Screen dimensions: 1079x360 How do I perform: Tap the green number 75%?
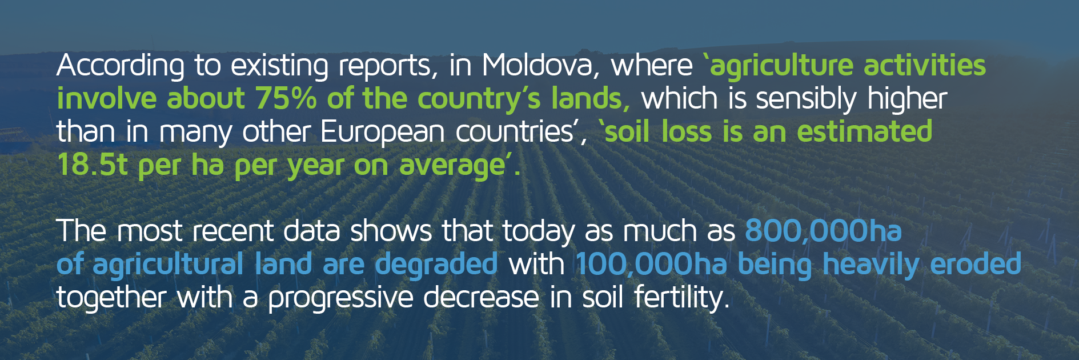pyautogui.click(x=286, y=98)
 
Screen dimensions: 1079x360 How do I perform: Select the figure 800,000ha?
pyautogui.click(x=823, y=231)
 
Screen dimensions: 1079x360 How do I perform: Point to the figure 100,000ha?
pyautogui.click(x=651, y=265)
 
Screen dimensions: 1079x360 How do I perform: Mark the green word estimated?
pyautogui.click(x=864, y=131)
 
